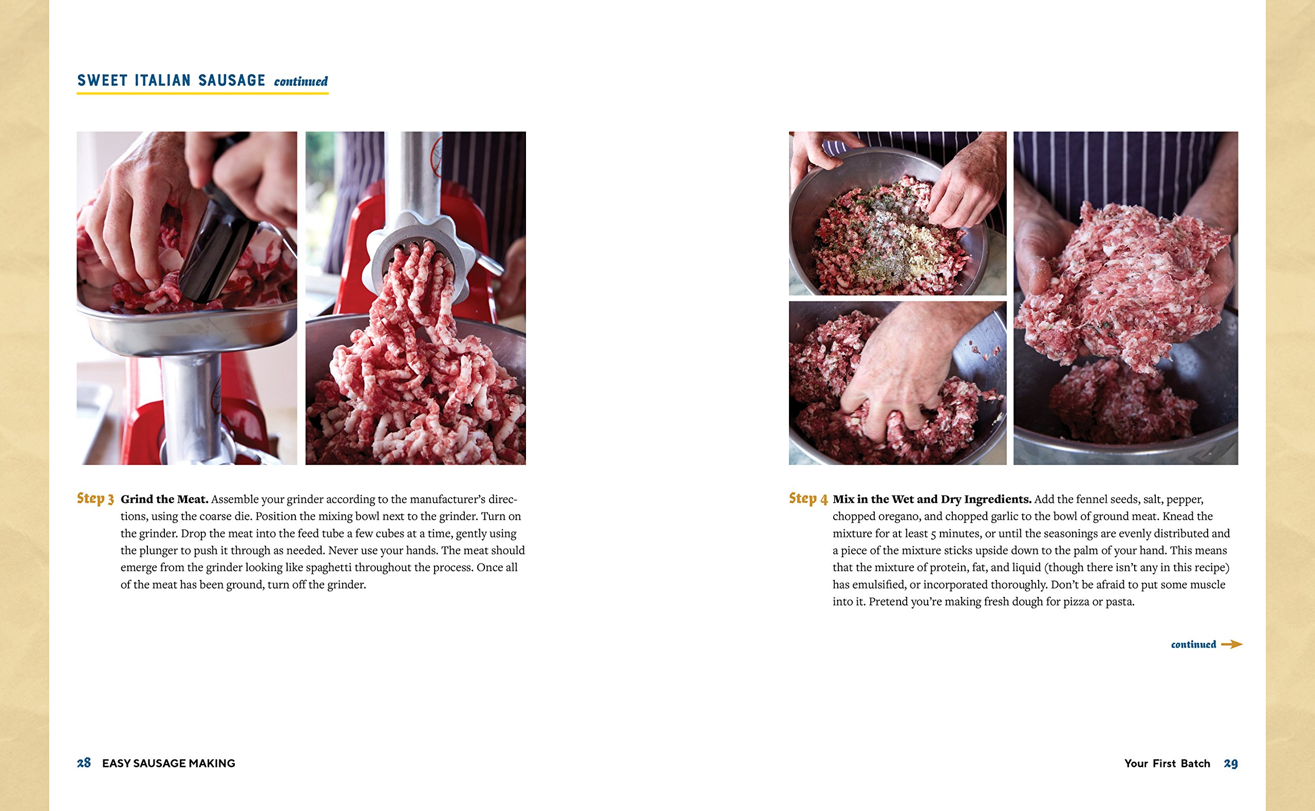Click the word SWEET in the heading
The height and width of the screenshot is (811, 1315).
click(x=102, y=81)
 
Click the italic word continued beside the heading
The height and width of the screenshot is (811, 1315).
click(x=300, y=82)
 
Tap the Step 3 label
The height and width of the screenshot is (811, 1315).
click(x=95, y=498)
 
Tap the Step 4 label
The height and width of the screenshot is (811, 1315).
click(x=807, y=498)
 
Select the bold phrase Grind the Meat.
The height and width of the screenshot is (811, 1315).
click(x=164, y=499)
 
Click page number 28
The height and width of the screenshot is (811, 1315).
click(x=84, y=763)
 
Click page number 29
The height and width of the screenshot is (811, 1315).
click(x=1230, y=763)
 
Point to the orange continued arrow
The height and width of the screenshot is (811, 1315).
click(x=1231, y=644)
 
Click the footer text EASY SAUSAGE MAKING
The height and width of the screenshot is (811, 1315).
click(x=168, y=763)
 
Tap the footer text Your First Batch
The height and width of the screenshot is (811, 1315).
click(x=1167, y=763)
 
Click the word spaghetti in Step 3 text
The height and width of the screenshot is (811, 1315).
click(x=329, y=568)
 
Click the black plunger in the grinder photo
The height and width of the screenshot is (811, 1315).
click(x=215, y=252)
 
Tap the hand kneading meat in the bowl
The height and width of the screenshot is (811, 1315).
click(x=901, y=375)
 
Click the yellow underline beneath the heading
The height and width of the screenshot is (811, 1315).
click(x=202, y=93)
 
